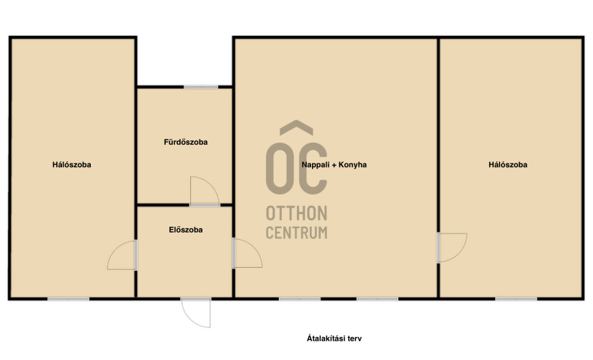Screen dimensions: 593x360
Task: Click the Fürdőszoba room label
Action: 186,142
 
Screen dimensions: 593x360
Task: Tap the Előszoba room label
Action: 186,230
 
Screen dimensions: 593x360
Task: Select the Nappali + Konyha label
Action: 334,165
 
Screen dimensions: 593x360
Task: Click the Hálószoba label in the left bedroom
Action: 72,165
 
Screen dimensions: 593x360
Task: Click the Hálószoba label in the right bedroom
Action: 508,165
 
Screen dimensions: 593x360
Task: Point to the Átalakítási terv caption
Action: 334,338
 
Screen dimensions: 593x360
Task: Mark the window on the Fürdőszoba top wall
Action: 201,87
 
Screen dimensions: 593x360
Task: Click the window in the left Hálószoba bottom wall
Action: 68,299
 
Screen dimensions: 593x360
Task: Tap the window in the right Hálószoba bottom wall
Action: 516,299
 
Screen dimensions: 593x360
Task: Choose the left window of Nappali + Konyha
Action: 300,299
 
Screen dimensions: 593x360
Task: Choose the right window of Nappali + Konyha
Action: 378,299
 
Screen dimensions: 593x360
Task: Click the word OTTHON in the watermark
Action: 297,213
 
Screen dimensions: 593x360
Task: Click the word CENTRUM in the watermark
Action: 297,233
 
